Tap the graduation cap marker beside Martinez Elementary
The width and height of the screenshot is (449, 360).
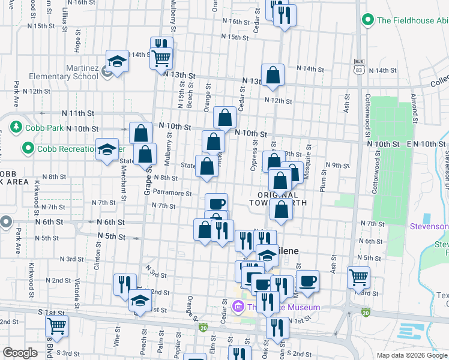pyautogui.click(x=117, y=61)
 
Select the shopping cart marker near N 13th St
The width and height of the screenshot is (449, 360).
pyautogui.click(x=161, y=59)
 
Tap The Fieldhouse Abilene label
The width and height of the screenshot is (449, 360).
pyautogui.click(x=412, y=20)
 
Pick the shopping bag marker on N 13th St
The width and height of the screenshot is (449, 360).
pyautogui.click(x=273, y=75)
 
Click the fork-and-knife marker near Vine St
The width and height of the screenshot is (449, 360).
pyautogui.click(x=125, y=284)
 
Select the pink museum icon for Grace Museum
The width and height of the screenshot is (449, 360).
pyautogui.click(x=238, y=307)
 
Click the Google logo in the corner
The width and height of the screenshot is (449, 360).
pyautogui.click(x=20, y=353)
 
